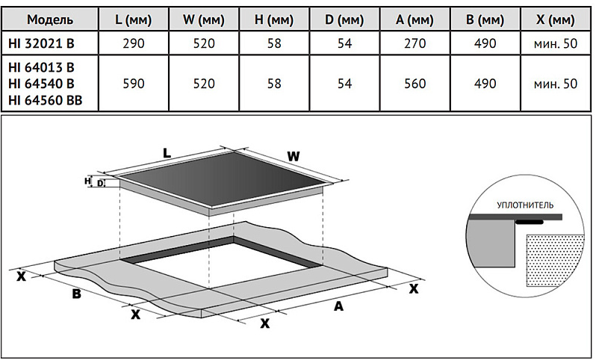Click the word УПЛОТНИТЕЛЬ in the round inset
coord(524,204)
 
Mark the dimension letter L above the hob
coord(167,152)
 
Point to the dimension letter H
coord(88,180)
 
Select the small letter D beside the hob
coord(100,183)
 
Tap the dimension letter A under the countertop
coord(338,305)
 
